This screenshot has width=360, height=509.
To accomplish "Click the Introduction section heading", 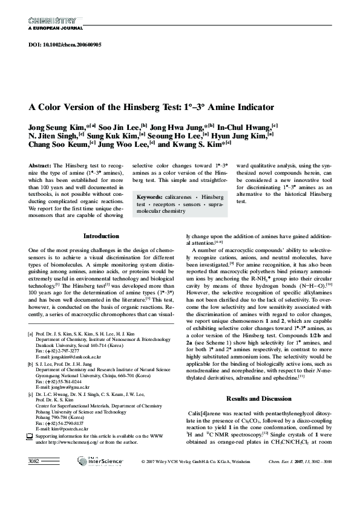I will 101,236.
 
